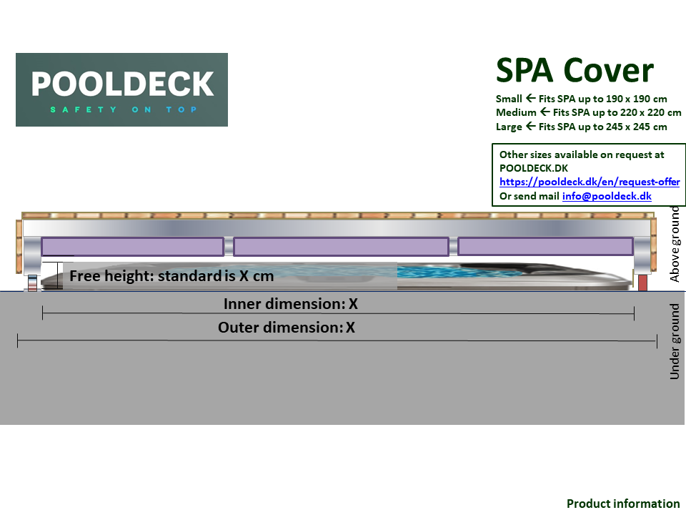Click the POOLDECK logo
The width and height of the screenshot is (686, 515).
pos(121,89)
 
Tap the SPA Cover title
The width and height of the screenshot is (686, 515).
pos(575,70)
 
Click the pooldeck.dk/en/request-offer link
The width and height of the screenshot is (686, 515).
pos(590,182)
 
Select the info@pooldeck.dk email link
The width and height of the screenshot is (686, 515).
pos(607,196)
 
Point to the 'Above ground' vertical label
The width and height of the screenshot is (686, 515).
pos(675,244)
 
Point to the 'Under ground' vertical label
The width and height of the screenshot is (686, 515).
pos(675,342)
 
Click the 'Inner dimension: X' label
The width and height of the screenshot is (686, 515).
pos(290,304)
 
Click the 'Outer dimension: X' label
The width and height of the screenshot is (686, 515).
pos(286,328)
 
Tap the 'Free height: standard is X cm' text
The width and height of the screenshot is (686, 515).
pos(171,275)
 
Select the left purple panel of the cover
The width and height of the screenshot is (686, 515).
pos(132,247)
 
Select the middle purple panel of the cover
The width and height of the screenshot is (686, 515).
pos(341,247)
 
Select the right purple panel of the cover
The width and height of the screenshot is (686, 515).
pos(545,246)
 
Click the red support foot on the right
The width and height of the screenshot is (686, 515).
pos(642,283)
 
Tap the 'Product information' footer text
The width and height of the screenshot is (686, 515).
pos(623,504)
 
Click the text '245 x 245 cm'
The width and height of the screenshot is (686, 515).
pos(637,127)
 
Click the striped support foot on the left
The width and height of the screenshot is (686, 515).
pos(32,283)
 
